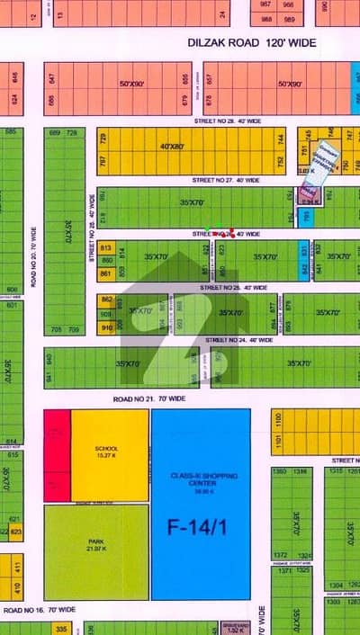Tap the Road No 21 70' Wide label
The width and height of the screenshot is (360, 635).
coord(149,398)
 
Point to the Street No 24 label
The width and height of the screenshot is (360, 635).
coord(236,340)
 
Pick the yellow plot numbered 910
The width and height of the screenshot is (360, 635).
coord(106,328)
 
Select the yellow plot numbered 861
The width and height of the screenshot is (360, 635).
coord(106,273)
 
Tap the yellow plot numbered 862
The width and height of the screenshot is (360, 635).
coord(106,300)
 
